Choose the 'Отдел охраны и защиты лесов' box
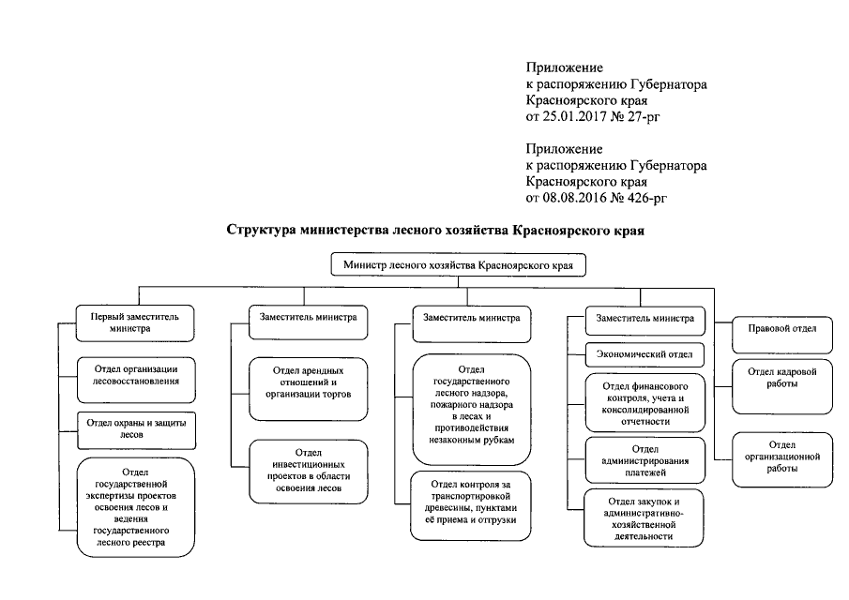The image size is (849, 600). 135,428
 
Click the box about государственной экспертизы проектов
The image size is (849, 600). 135,506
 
